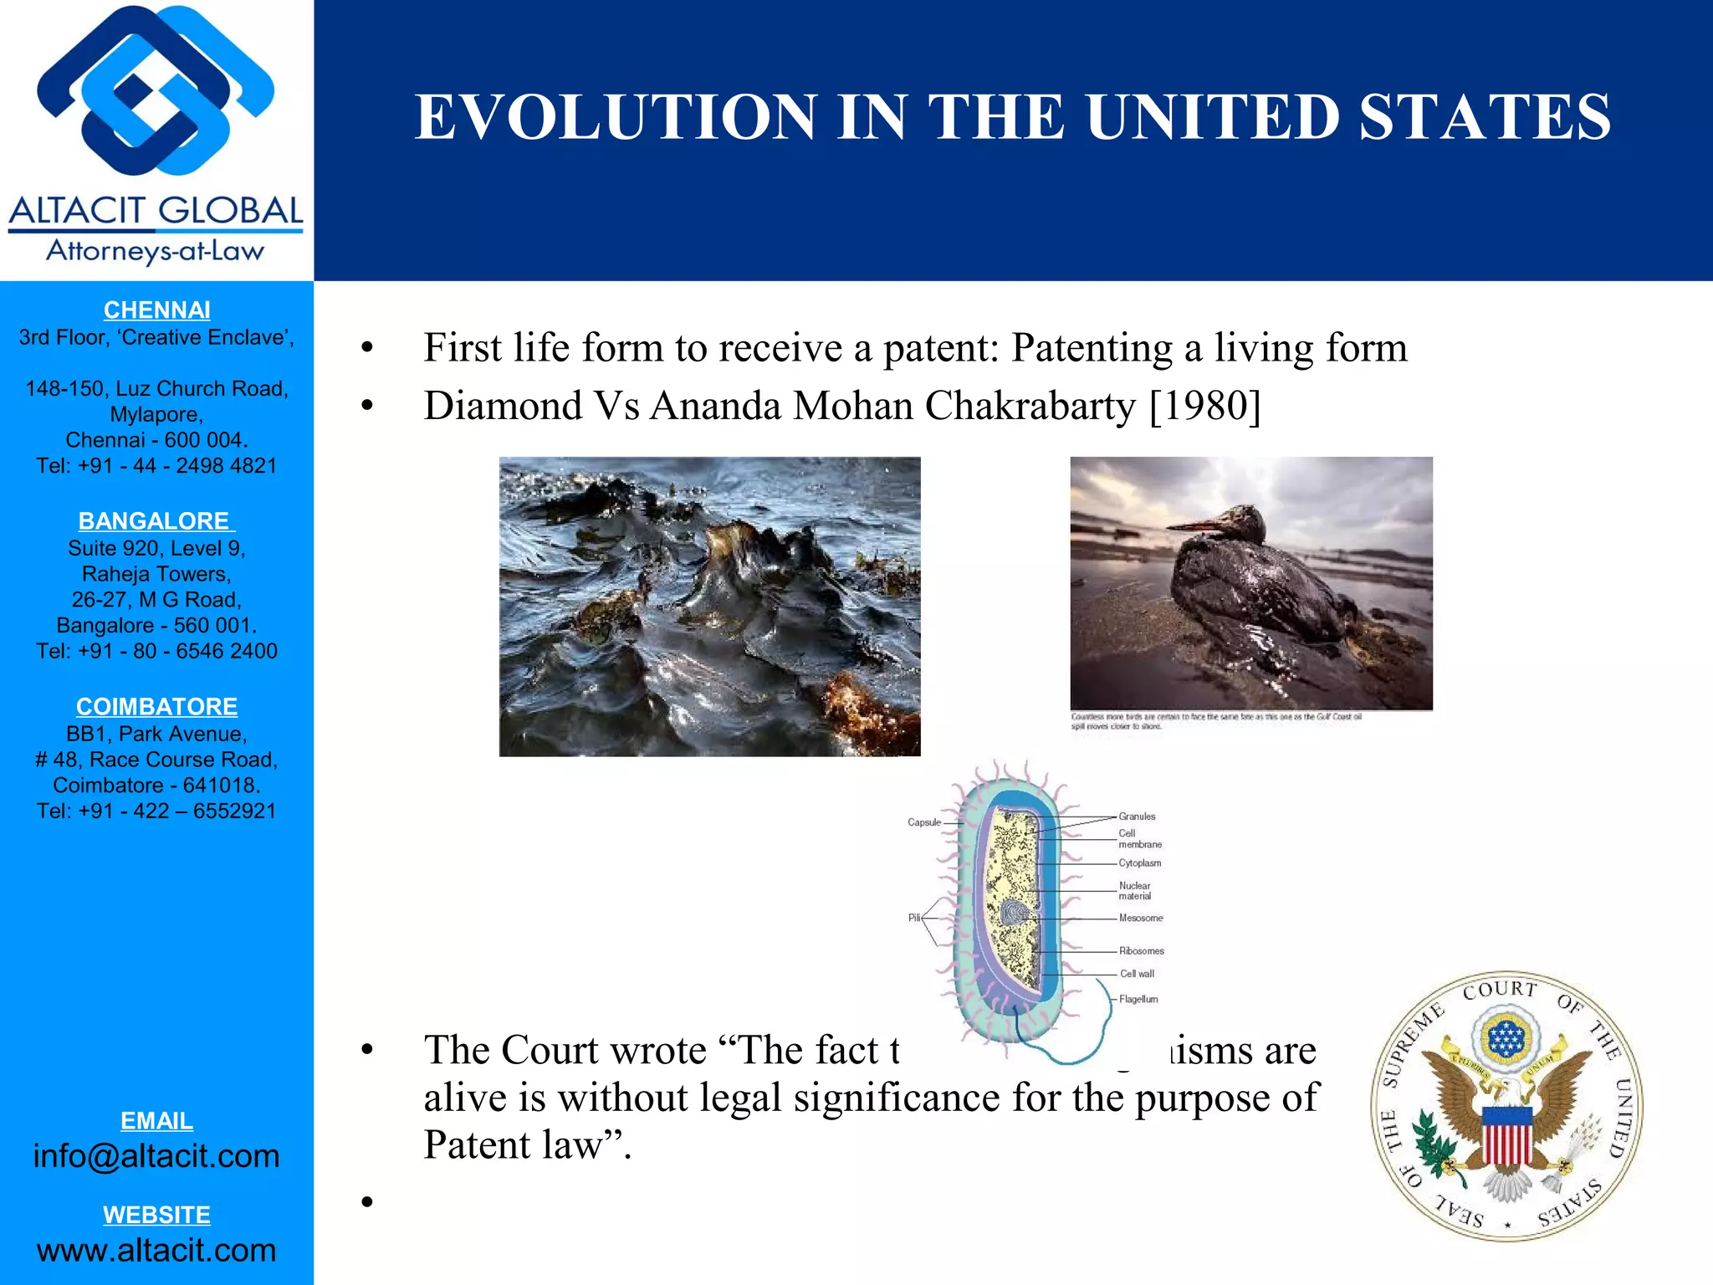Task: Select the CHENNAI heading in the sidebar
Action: coord(156,310)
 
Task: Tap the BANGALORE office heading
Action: coord(154,521)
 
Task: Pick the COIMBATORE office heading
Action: coord(156,707)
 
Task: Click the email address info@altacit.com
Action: coord(156,1156)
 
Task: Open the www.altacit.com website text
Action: coord(156,1251)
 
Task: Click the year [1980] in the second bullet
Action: coord(1204,407)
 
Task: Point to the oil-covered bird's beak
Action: coord(1196,526)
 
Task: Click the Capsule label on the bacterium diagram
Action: coord(923,822)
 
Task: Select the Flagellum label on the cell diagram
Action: coord(1138,999)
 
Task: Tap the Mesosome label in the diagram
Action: coord(1141,918)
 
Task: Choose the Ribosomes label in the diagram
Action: coord(1142,951)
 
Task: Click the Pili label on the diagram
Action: coord(914,918)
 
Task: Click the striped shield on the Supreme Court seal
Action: coord(1506,1135)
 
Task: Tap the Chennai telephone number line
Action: coord(156,466)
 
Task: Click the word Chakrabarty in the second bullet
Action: coord(1030,407)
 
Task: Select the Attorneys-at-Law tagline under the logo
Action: coord(155,251)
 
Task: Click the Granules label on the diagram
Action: coord(1137,817)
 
